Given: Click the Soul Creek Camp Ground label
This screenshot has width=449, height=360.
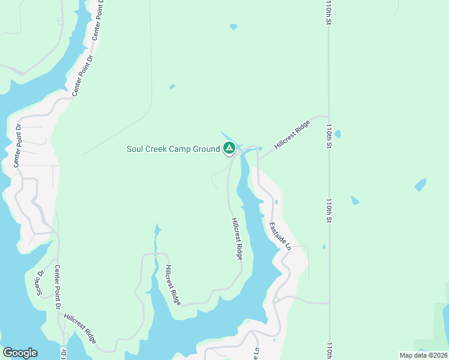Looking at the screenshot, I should click(173, 149).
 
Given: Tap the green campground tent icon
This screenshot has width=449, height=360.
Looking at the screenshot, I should click(229, 148).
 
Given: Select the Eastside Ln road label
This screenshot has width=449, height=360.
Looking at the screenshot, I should click(280, 237).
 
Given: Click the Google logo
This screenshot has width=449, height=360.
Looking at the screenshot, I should click(20, 353).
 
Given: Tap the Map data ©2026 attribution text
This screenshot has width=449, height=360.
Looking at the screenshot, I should click(423, 355).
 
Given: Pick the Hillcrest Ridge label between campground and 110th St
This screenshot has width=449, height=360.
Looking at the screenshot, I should click(292, 134).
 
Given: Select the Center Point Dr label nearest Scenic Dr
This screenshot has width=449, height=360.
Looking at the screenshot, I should click(58, 287).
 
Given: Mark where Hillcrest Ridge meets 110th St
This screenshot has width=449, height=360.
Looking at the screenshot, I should click(328, 117).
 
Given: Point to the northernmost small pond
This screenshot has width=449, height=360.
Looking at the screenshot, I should click(233, 26).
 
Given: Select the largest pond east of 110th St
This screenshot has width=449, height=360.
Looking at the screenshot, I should click(420, 184).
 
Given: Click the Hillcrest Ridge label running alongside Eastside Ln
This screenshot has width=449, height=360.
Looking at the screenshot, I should click(237, 238).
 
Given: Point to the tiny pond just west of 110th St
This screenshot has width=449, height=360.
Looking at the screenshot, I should click(324, 246).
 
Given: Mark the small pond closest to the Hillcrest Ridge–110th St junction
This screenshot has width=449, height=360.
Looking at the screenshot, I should click(337, 134).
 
